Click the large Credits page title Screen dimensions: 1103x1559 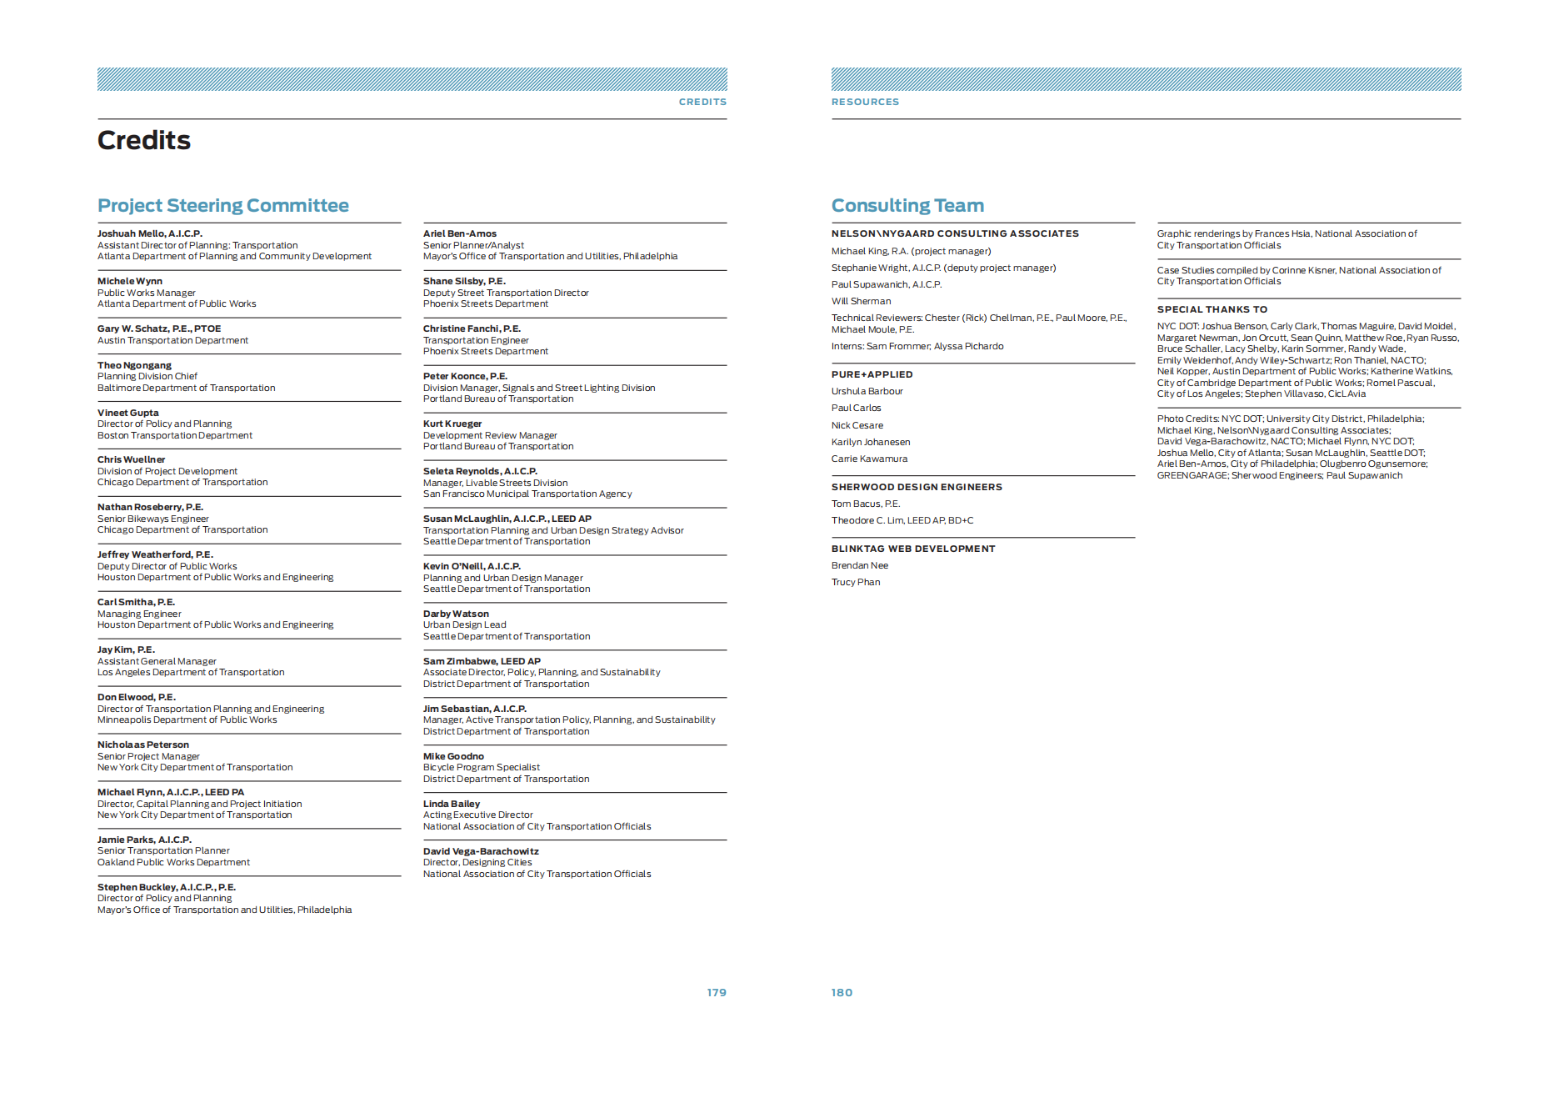pyautogui.click(x=143, y=140)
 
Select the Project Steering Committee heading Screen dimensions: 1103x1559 pyautogui.click(x=222, y=205)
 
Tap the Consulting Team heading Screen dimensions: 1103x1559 pyautogui.click(x=907, y=205)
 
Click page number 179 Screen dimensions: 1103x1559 pyautogui.click(x=716, y=992)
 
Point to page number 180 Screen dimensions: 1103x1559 pyautogui.click(x=841, y=992)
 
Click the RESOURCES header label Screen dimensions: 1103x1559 pyautogui.click(x=864, y=102)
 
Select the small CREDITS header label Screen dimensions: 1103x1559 pyautogui.click(x=702, y=102)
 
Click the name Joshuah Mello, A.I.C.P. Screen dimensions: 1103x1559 pyautogui.click(x=149, y=233)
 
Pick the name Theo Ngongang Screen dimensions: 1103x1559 pyautogui.click(x=134, y=365)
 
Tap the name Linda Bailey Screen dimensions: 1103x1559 pyautogui.click(x=451, y=804)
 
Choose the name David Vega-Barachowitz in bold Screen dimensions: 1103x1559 pyautogui.click(x=480, y=851)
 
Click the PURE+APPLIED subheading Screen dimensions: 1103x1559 pyautogui.click(x=871, y=374)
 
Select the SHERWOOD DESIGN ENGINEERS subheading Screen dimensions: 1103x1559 pyautogui.click(x=916, y=487)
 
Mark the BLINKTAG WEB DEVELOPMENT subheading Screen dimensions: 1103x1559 pyautogui.click(x=912, y=549)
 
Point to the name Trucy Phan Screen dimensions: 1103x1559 pyautogui.click(x=855, y=582)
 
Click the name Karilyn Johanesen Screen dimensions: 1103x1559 pyautogui.click(x=870, y=442)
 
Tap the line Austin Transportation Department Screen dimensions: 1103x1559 pyautogui.click(x=172, y=340)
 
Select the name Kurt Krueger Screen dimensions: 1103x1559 pyautogui.click(x=452, y=424)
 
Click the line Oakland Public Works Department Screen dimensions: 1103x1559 pyautogui.click(x=173, y=862)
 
